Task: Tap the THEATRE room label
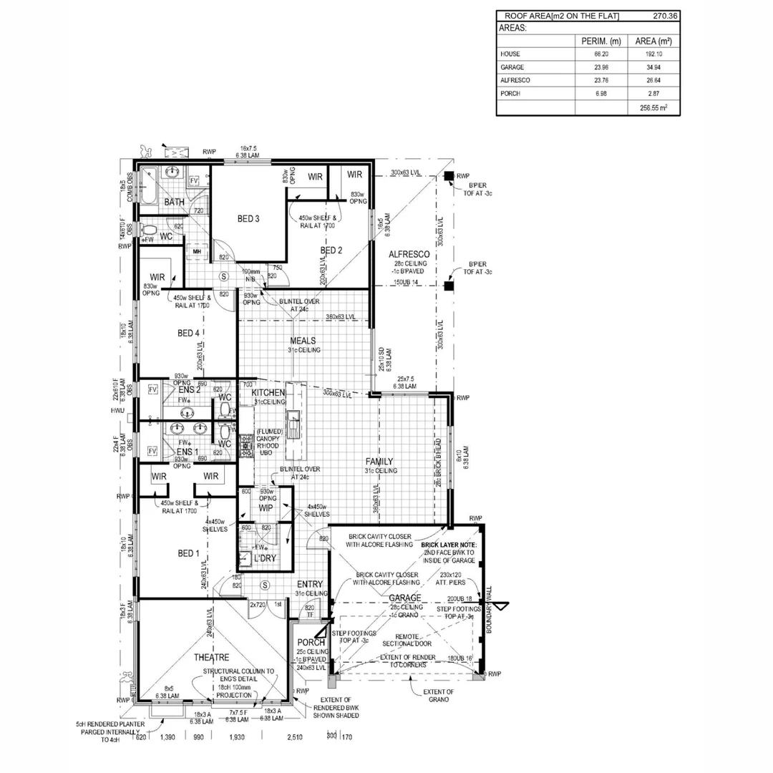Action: pyautogui.click(x=211, y=657)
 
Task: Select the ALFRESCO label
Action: pyautogui.click(x=409, y=255)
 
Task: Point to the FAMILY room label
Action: pyautogui.click(x=379, y=462)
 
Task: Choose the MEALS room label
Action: pyautogui.click(x=303, y=341)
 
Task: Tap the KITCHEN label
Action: pyautogui.click(x=268, y=393)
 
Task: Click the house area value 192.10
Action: pyautogui.click(x=653, y=54)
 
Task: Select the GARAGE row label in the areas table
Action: pyautogui.click(x=512, y=67)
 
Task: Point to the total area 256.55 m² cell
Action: pyautogui.click(x=652, y=107)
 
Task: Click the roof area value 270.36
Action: pyautogui.click(x=666, y=16)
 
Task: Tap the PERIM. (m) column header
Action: pyautogui.click(x=601, y=41)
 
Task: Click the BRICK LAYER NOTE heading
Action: pyautogui.click(x=453, y=545)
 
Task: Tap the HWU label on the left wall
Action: pyautogui.click(x=117, y=411)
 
